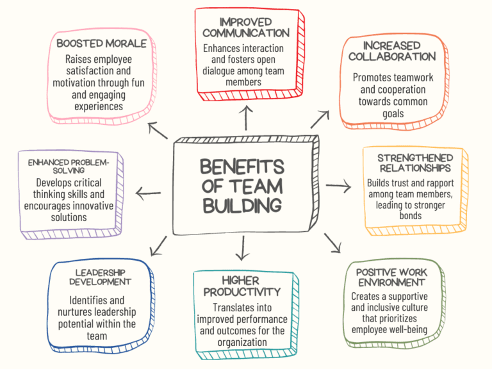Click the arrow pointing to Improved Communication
(246, 118)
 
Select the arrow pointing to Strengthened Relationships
(338, 186)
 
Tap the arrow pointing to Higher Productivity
(243, 248)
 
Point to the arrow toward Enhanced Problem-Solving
(148, 193)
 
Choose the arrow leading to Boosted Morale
(158, 131)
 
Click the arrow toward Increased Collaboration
(320, 119)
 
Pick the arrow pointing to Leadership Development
(158, 246)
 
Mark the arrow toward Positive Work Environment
(332, 243)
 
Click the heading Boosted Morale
(102, 44)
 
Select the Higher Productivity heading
(242, 286)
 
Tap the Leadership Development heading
(100, 277)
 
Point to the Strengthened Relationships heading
(415, 163)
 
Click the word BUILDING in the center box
(242, 206)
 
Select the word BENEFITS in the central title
(242, 167)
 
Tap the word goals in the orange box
(393, 114)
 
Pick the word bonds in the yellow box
(411, 216)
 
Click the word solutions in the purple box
(69, 217)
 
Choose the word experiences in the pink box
(99, 107)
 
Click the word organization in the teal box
(242, 343)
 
